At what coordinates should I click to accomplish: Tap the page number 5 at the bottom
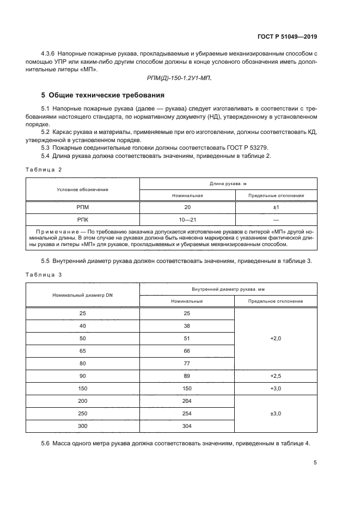click(x=315, y=463)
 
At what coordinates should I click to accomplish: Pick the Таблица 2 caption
click(x=44, y=169)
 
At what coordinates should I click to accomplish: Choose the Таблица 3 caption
click(x=44, y=275)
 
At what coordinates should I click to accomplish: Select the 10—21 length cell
click(x=187, y=220)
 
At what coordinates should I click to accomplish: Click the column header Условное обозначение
click(x=83, y=189)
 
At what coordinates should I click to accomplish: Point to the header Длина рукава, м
click(x=228, y=184)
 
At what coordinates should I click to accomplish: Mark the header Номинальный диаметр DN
click(x=83, y=295)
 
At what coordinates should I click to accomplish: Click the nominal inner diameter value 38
click(x=187, y=326)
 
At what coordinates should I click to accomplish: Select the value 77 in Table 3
click(x=187, y=363)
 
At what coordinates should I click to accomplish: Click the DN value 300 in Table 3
click(x=83, y=426)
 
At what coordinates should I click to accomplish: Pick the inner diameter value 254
click(x=187, y=413)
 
